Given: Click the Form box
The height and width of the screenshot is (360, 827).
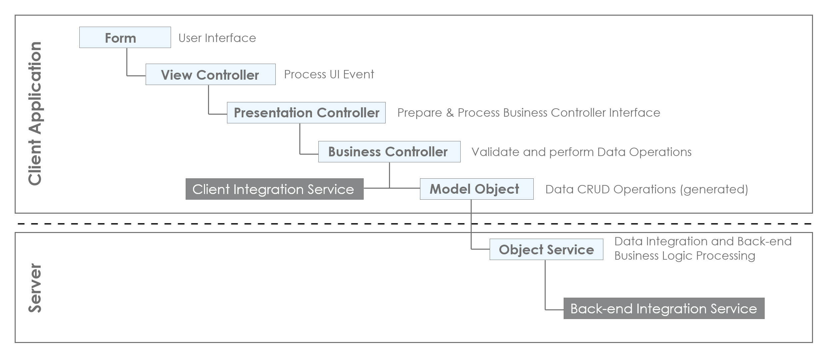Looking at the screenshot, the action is tap(125, 37).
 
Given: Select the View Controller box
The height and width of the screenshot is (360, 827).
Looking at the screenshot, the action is tap(210, 74).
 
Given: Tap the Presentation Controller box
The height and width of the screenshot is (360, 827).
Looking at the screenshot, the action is tap(306, 113).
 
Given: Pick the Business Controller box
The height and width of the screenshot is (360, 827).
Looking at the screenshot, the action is tap(389, 152).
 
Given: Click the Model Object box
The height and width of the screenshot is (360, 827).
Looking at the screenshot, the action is tap(477, 189).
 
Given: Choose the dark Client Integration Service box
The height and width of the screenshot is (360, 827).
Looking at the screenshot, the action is tap(274, 189).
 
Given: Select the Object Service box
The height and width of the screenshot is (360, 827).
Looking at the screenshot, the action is tap(546, 249).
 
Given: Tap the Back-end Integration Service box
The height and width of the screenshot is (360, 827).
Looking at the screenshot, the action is tap(664, 308).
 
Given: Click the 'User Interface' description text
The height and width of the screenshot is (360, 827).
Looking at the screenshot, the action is tap(217, 38).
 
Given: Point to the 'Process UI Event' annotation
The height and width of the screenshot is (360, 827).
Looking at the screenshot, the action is tap(329, 74).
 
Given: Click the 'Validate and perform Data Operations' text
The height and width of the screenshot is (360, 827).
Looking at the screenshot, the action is tap(582, 152).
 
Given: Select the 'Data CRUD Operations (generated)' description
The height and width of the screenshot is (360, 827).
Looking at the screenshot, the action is tap(647, 189).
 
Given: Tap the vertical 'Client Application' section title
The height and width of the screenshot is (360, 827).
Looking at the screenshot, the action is tap(35, 113).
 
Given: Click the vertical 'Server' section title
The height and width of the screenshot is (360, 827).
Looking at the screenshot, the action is tap(35, 288).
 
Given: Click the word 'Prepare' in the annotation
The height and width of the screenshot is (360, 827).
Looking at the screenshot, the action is tap(420, 113).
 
